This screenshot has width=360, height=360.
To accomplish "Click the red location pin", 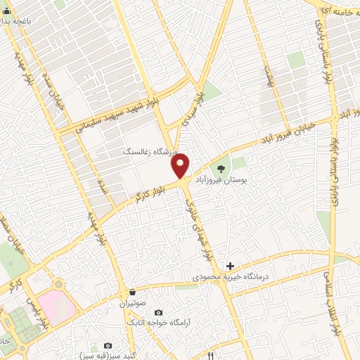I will [x=181, y=165].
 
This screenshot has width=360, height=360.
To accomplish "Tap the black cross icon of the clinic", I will [x=230, y=265].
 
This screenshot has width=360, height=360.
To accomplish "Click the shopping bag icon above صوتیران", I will [x=133, y=292].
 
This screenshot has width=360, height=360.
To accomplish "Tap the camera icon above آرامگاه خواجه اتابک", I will [x=157, y=311].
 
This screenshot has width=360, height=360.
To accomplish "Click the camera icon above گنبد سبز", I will [x=108, y=345].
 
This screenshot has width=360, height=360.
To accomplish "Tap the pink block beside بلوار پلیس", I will [x=49, y=299].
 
